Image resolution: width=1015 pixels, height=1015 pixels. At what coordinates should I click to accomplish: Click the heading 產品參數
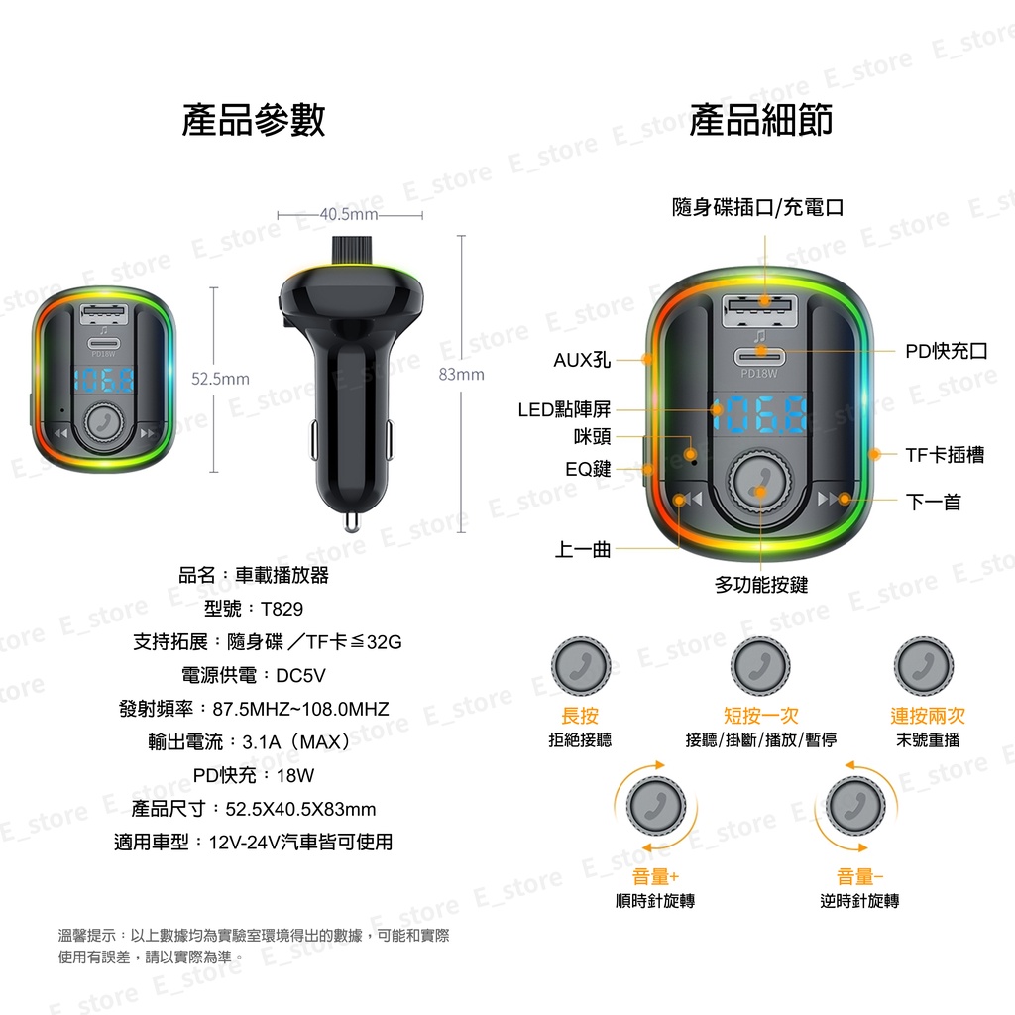[254, 120]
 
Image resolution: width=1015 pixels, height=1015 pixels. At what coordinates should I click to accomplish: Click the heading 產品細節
[760, 120]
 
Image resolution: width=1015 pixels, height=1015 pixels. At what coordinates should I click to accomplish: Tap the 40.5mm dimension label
[349, 214]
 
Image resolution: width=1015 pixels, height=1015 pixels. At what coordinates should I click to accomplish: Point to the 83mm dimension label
[462, 374]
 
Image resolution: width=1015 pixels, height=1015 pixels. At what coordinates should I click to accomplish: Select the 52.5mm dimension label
[220, 379]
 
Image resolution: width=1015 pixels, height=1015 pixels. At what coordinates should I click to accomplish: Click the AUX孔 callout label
[582, 360]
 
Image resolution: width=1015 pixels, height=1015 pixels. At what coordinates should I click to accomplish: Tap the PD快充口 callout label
[947, 352]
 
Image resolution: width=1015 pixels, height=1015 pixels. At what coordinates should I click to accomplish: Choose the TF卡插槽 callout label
[945, 455]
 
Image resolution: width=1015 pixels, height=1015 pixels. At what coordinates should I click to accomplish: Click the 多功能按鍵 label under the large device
[761, 585]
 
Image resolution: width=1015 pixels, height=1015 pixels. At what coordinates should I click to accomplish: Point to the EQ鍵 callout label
[588, 469]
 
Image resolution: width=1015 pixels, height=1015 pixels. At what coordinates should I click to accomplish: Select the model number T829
[282, 609]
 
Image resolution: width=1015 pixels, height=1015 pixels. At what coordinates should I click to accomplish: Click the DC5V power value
[300, 676]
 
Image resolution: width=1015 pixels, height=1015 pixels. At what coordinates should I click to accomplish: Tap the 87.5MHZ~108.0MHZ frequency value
[301, 709]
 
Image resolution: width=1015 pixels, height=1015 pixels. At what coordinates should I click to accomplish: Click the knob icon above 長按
[581, 666]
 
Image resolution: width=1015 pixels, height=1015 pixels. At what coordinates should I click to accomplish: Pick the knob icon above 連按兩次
[924, 666]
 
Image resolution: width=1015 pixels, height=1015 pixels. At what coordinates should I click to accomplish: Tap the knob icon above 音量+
[656, 807]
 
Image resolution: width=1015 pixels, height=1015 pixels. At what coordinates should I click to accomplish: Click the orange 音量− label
[859, 877]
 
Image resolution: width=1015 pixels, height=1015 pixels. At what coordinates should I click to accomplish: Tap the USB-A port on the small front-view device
[103, 313]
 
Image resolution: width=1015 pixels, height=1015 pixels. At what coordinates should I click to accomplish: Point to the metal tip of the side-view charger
[352, 521]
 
